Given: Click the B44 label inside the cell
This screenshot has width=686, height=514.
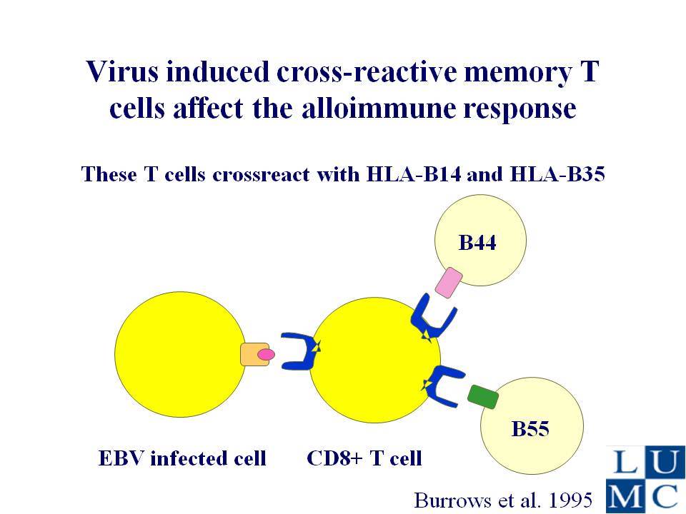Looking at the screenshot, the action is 477,243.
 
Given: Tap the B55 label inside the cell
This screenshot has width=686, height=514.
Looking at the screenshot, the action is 530,429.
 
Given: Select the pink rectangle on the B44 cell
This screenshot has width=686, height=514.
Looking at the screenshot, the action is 449,283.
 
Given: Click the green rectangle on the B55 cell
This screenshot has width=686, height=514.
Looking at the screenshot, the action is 483,396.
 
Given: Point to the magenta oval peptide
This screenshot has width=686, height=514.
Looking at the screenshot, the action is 266,355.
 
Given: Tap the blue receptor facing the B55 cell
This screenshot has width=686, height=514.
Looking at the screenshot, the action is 442,386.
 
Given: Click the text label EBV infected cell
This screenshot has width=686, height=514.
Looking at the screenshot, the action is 182,458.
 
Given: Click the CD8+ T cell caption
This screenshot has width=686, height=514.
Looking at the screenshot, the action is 364,458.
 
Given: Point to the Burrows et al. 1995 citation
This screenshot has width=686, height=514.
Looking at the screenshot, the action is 503,500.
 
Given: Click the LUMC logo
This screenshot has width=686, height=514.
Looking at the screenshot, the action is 646,480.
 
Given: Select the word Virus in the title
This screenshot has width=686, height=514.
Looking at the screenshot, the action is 122,71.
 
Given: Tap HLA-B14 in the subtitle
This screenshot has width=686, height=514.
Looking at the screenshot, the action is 414,174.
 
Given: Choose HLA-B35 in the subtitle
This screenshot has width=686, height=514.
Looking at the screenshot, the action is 557,174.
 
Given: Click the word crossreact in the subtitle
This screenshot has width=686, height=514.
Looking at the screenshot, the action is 262,175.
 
